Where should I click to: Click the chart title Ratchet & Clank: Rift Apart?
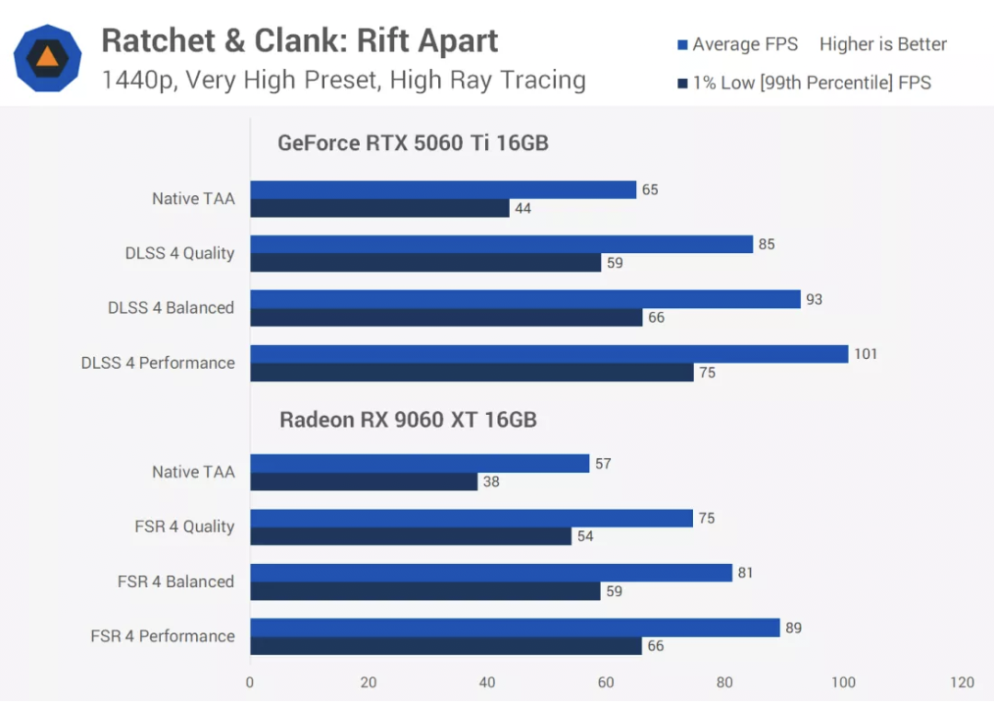[299, 40]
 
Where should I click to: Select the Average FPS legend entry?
[736, 44]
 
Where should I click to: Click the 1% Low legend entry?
[803, 83]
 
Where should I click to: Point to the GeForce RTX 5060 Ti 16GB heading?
[413, 143]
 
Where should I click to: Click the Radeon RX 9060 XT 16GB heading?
[408, 420]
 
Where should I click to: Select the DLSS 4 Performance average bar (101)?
[549, 354]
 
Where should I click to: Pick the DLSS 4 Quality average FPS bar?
[502, 245]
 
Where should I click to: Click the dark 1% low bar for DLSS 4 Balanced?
[445, 317]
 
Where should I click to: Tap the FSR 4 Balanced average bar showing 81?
[491, 573]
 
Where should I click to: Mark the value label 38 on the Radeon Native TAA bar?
[491, 481]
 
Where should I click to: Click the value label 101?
[865, 354]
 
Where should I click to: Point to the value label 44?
[523, 208]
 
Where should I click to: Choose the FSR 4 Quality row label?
[184, 526]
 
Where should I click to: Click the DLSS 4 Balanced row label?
[171, 307]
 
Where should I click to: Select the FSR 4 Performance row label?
[163, 636]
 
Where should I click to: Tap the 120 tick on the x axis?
[963, 683]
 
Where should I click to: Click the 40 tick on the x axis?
[487, 683]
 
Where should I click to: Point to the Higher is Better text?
[883, 44]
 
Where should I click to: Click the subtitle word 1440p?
[139, 80]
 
